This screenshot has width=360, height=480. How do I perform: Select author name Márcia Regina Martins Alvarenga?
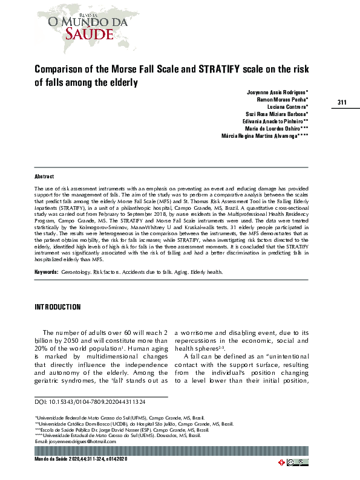(265, 137)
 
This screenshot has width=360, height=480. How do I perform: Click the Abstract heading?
(44, 177)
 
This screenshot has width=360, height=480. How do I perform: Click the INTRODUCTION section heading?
(57, 307)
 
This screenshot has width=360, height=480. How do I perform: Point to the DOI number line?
(90, 401)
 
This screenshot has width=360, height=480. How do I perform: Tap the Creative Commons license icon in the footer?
(292, 463)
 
